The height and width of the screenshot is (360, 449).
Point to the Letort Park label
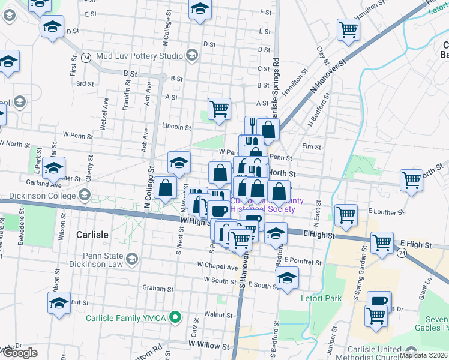[322, 298]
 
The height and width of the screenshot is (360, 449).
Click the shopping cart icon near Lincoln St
[220, 109]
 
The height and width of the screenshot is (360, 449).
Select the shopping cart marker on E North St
[412, 179]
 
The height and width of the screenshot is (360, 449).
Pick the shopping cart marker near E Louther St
[346, 215]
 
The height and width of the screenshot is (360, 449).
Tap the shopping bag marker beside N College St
[165, 187]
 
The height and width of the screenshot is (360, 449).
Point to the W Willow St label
[209, 346]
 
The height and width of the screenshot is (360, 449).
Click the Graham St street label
[158, 289]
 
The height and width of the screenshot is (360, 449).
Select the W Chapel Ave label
[217, 264]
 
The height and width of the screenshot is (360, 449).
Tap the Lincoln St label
[176, 127]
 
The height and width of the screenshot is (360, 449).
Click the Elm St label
[312, 146]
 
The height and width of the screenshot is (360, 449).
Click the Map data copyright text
[423, 355]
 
